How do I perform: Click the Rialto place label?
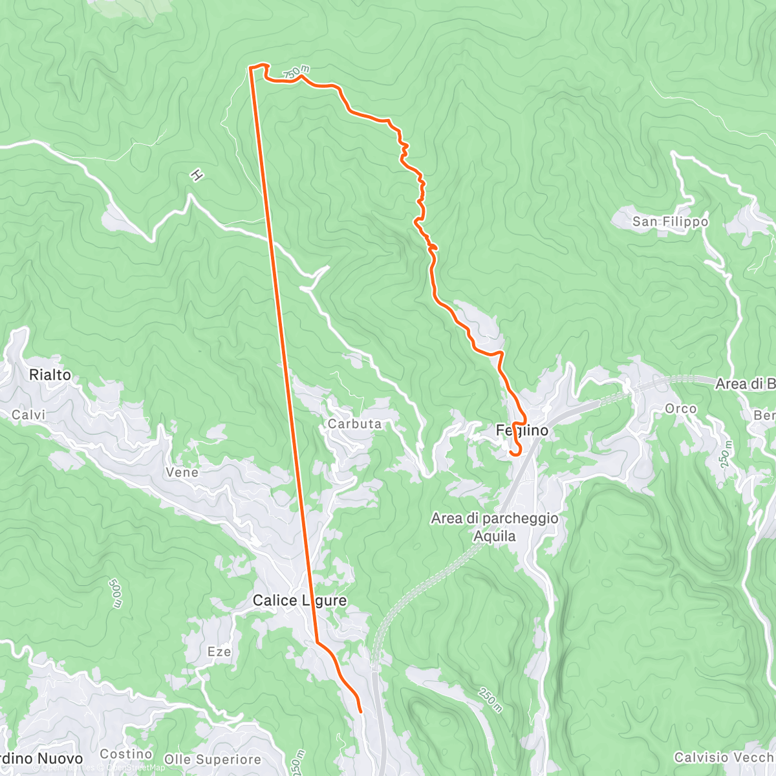click(50, 375)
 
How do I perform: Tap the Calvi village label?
click(29, 415)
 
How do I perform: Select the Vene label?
click(182, 473)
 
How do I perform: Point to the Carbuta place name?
click(354, 424)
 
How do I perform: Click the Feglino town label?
click(522, 430)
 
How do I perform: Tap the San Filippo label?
click(670, 222)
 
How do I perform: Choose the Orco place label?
click(681, 409)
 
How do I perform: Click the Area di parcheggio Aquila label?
click(495, 527)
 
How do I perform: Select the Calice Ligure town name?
click(299, 601)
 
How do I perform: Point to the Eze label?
click(219, 652)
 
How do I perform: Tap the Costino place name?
click(126, 754)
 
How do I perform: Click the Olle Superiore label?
click(213, 759)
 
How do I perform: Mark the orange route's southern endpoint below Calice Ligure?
click(360, 712)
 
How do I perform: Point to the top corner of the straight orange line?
click(250, 67)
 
